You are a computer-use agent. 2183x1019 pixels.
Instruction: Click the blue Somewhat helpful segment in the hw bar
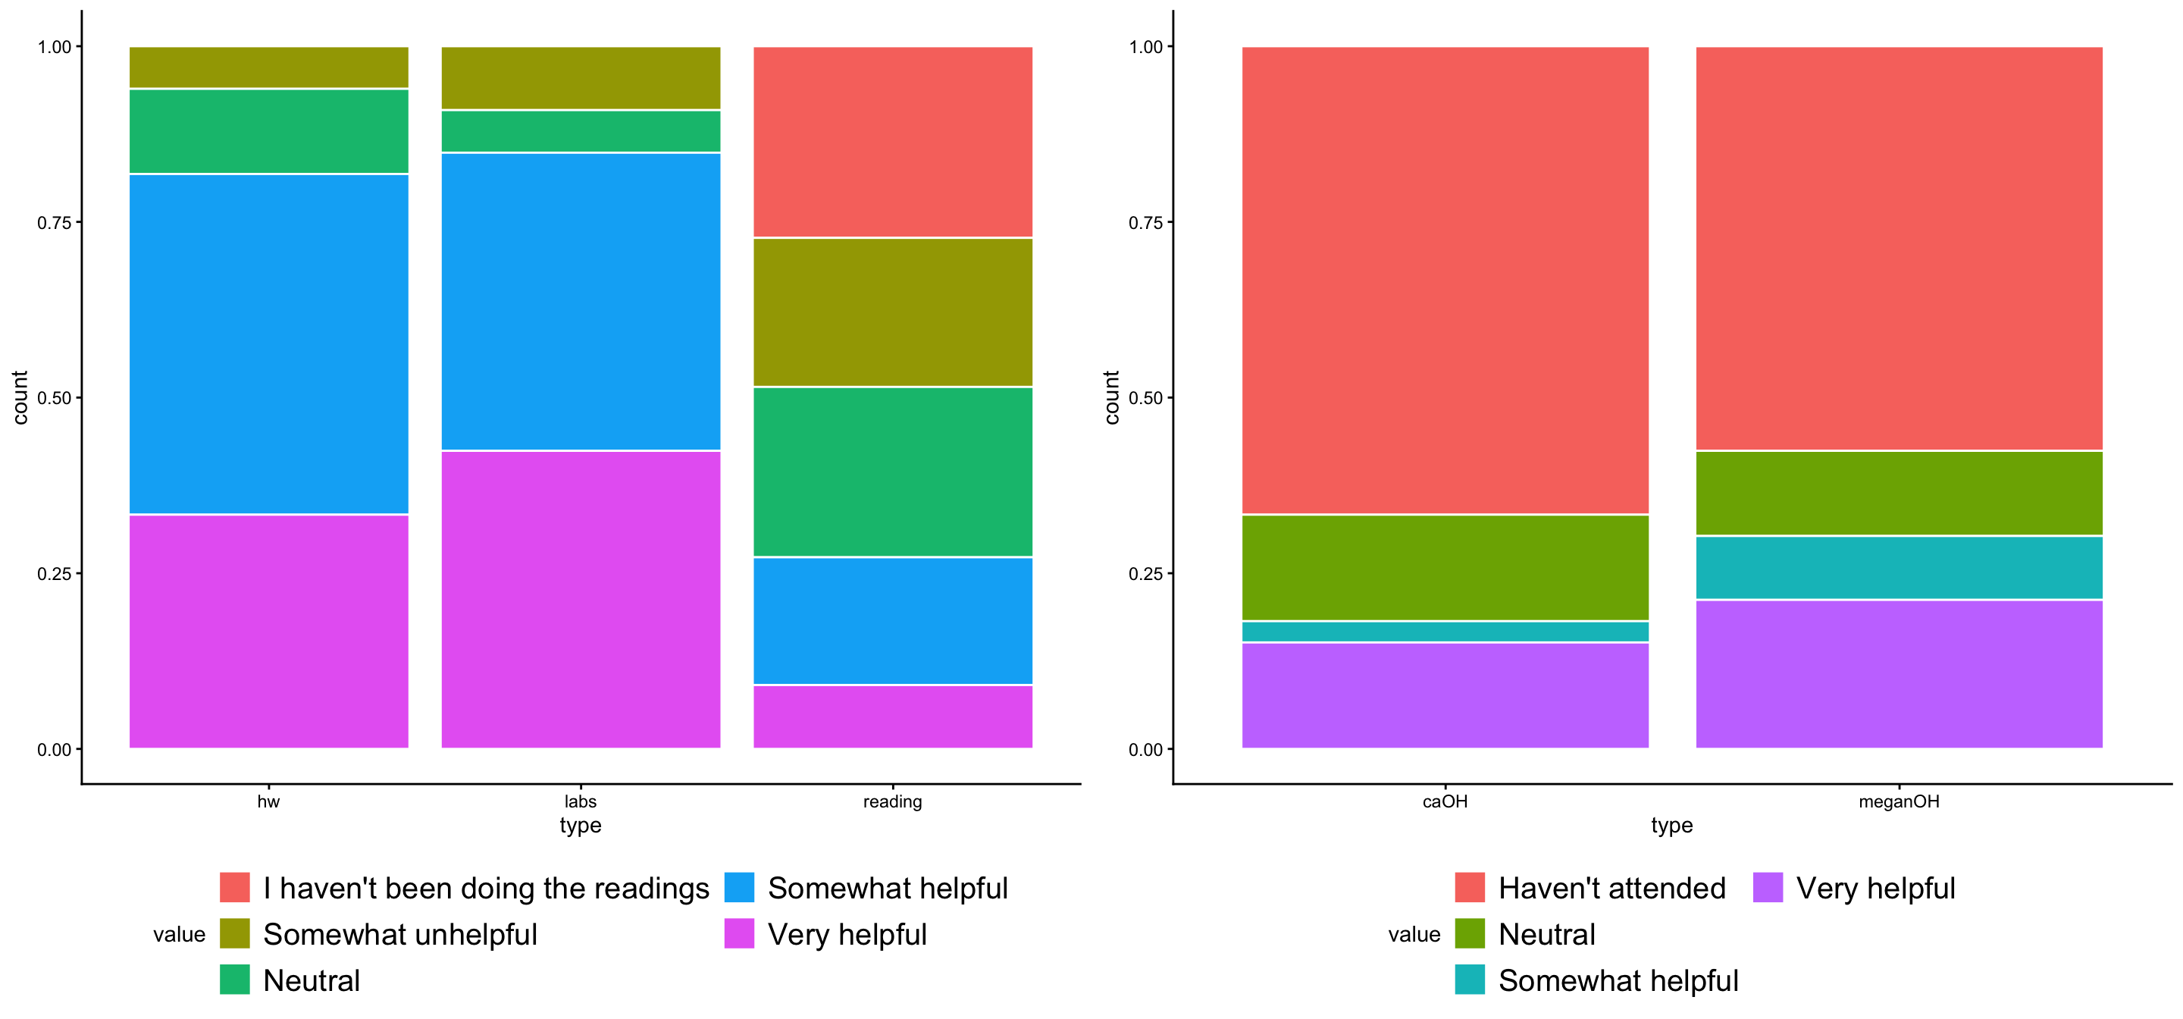268,343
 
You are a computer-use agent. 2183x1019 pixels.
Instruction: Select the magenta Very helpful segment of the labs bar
581,598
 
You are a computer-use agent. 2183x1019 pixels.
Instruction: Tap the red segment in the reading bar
892,142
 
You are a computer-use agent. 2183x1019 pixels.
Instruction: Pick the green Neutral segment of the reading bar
892,472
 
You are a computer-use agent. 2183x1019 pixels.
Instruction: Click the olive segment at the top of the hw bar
268,67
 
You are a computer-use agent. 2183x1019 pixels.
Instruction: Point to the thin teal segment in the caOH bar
1445,632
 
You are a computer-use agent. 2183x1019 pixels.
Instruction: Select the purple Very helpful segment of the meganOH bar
1898,674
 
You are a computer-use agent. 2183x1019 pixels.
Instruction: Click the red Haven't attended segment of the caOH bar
1445,280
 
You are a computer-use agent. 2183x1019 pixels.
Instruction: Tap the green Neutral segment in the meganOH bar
1898,493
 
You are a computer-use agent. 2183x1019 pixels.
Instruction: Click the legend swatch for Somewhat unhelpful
235,933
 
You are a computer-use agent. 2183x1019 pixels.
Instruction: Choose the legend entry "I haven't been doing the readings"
486,888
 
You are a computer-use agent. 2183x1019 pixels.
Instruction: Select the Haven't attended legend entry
1611,888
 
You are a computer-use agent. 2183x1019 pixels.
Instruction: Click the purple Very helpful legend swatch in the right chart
1767,888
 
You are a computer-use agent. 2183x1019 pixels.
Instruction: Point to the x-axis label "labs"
581,801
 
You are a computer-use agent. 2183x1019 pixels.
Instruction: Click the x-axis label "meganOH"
1898,801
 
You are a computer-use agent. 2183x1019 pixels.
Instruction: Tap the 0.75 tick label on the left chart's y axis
55,222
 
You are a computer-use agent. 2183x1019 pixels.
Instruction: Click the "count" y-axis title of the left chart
20,397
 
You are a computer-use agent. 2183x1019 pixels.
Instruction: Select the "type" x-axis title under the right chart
1671,825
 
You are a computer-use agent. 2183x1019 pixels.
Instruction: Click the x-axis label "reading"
892,801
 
